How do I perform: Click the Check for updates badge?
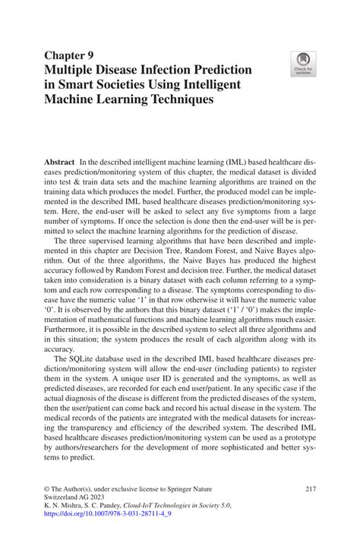click(x=303, y=65)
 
